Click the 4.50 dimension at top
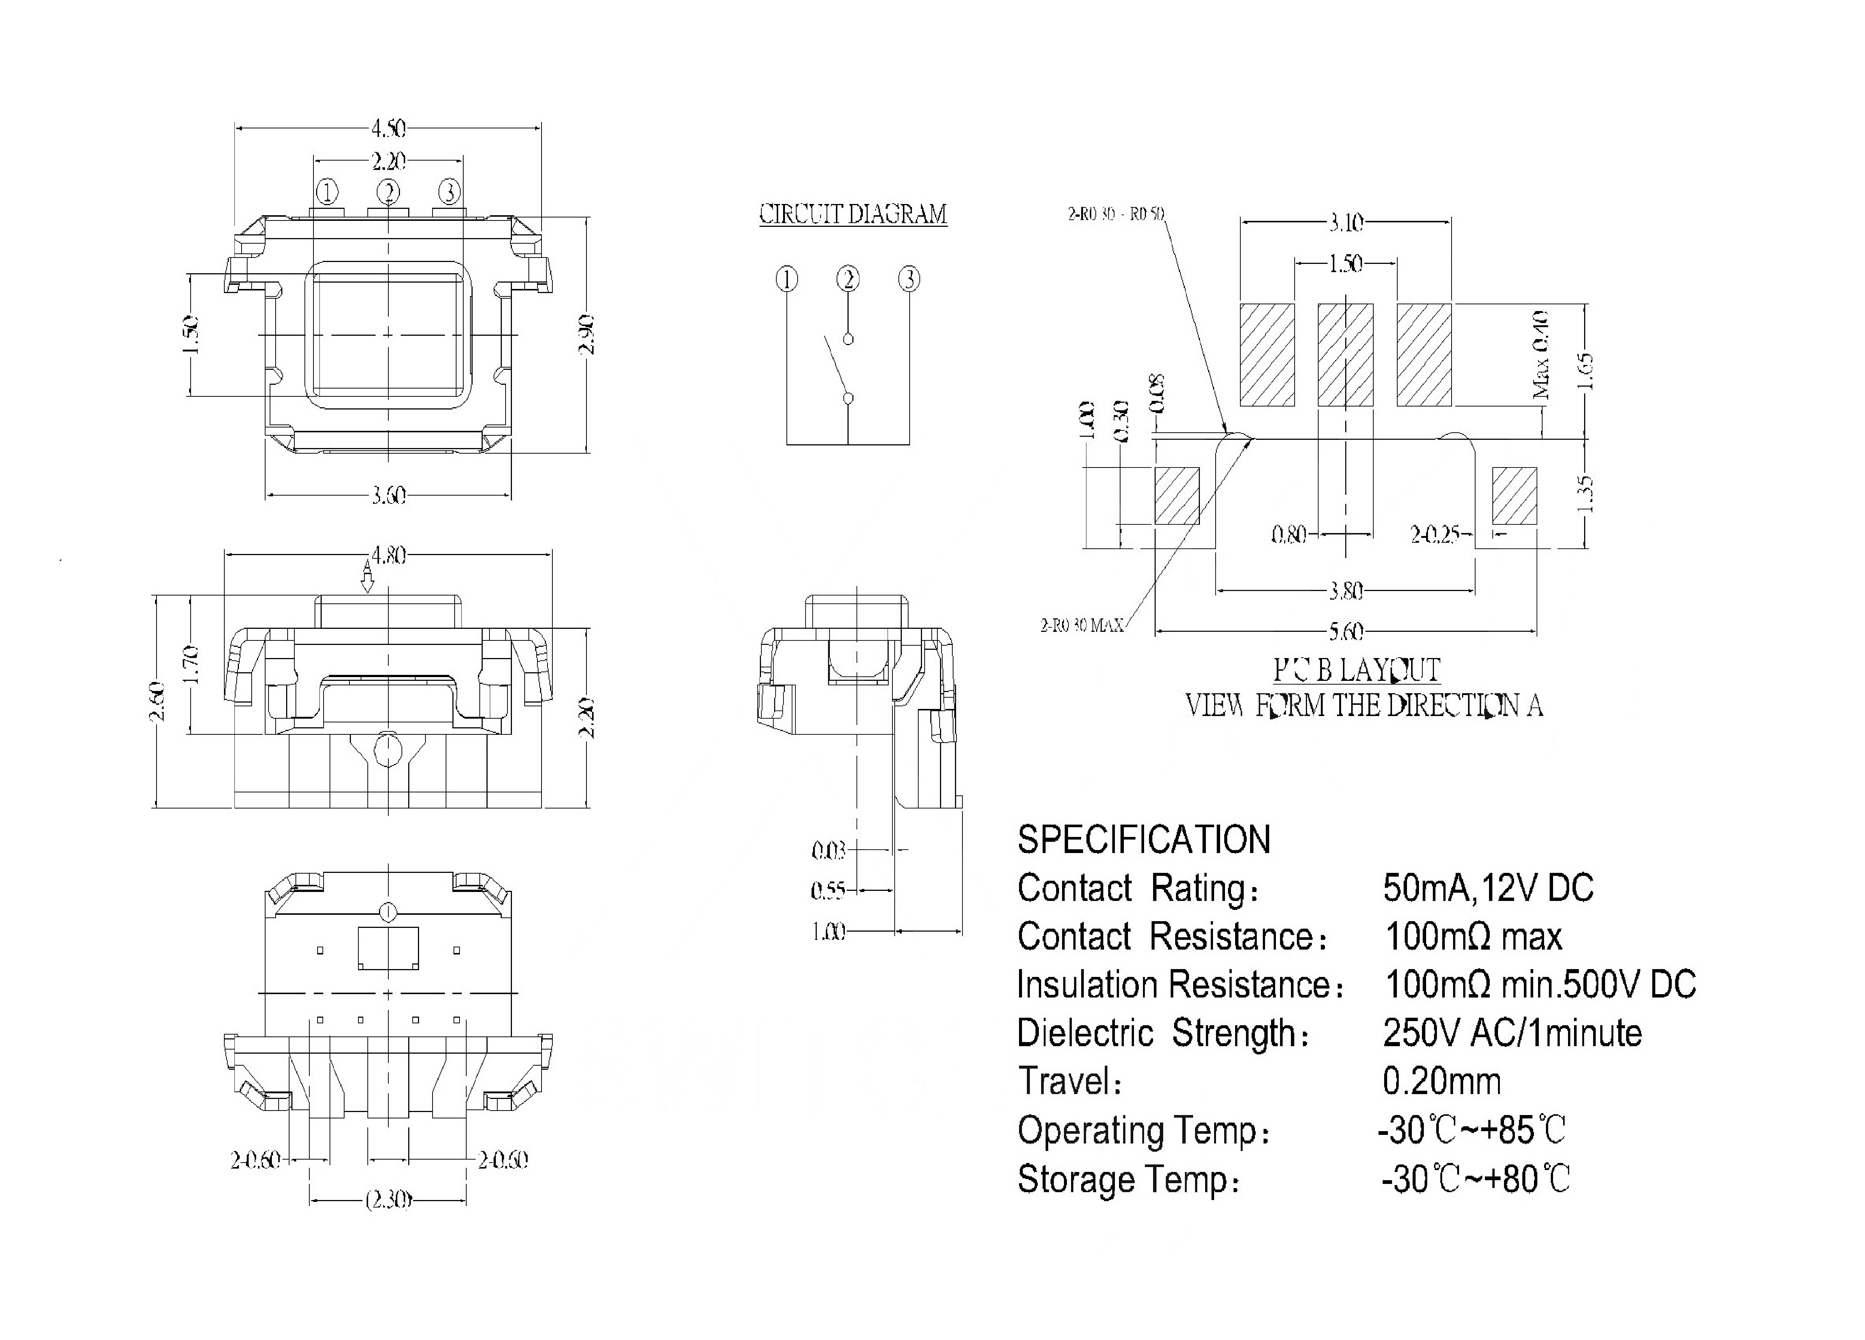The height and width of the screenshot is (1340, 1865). (388, 129)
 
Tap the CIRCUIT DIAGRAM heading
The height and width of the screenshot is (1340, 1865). (853, 214)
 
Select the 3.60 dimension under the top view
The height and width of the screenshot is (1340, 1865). (388, 496)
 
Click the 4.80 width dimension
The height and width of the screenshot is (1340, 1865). (388, 556)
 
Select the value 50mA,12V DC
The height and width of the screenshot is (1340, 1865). (1488, 888)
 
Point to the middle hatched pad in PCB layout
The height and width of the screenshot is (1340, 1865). (1345, 355)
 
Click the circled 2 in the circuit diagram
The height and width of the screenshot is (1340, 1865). (848, 280)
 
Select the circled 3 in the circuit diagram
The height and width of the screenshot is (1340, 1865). (909, 280)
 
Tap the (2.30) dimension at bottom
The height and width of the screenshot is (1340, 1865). (388, 1201)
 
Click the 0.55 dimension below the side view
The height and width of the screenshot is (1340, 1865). (828, 890)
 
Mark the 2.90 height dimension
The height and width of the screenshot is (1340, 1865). (587, 335)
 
